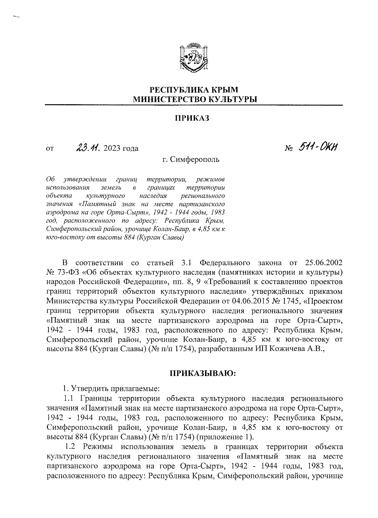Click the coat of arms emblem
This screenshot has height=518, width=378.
coord(194,58)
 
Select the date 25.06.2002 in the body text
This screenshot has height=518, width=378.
coord(324,263)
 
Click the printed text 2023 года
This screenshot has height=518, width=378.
coord(121,148)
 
